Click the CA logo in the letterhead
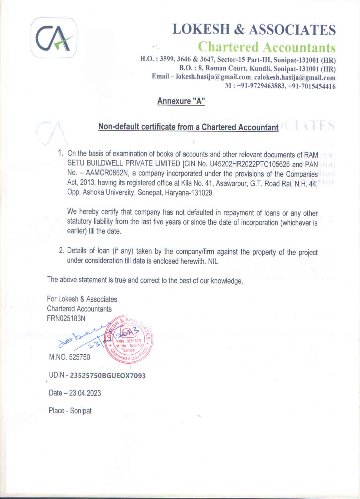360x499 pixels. click(54, 38)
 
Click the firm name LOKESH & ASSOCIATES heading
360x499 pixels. click(254, 30)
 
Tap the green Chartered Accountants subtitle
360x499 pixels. click(267, 47)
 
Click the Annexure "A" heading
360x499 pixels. click(181, 101)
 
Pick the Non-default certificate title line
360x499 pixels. click(188, 127)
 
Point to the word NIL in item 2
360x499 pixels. click(213, 261)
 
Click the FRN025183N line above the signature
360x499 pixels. click(66, 318)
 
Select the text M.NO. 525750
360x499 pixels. click(69, 357)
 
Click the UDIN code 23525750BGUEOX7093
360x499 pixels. click(108, 375)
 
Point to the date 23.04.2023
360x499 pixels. click(85, 393)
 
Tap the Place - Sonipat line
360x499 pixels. click(70, 411)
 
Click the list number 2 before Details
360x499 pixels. click(61, 251)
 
